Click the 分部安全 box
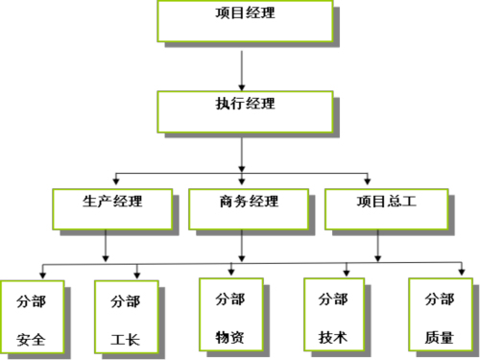[31, 318]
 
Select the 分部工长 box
[125, 318]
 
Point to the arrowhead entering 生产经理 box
[116, 181]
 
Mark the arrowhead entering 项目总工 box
[367, 181]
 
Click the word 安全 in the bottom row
[31, 339]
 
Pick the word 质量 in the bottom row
[439, 338]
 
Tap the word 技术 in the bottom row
[333, 338]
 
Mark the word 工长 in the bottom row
[125, 339]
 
